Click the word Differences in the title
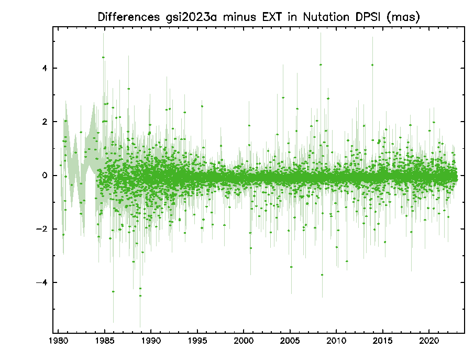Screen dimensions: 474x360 [x=128, y=17]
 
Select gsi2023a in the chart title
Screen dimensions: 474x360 [x=191, y=17]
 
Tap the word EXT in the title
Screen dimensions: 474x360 [x=271, y=17]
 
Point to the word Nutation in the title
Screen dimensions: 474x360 [x=326, y=17]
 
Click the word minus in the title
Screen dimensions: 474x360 [x=239, y=17]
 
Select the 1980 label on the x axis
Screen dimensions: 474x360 [x=58, y=341]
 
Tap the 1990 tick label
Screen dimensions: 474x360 [x=151, y=341]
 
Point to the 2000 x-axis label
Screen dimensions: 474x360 [x=244, y=341]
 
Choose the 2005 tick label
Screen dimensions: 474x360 [x=290, y=341]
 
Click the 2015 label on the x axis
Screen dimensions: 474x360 [x=383, y=341]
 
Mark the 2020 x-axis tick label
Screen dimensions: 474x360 [x=429, y=341]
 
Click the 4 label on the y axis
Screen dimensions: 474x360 [x=45, y=68]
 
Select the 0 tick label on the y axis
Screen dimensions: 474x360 [x=45, y=176]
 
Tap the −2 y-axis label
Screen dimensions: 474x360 [x=42, y=229]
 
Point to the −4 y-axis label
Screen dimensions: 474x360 [x=42, y=282]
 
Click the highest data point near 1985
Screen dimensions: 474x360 [x=103, y=57]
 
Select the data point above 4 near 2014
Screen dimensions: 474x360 [x=372, y=65]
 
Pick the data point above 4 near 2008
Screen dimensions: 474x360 [x=321, y=64]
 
